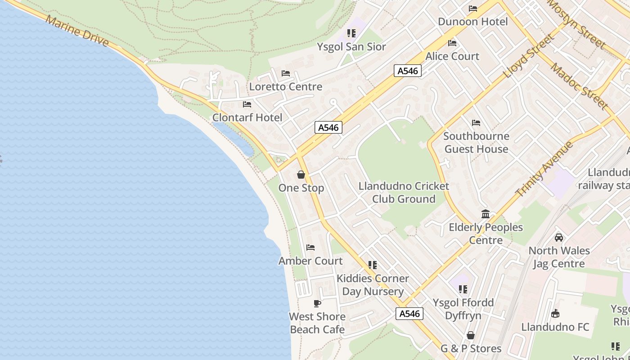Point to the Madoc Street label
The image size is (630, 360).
tap(580, 87)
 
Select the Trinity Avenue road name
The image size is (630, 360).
tap(544, 169)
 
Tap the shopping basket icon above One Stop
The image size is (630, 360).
tap(301, 175)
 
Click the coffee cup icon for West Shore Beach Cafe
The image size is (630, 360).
tap(317, 303)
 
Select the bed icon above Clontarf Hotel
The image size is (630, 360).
tap(247, 104)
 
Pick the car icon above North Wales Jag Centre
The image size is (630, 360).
tap(559, 237)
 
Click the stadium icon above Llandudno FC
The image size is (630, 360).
tap(555, 314)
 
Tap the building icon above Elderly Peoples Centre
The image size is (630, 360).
tap(486, 214)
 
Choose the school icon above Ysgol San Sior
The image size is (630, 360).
tap(351, 33)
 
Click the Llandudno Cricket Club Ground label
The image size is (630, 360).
tap(404, 193)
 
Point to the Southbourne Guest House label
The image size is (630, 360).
tap(476, 142)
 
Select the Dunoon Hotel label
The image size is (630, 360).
tap(472, 22)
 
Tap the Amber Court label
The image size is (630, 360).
tap(310, 261)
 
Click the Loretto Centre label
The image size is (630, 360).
tap(286, 86)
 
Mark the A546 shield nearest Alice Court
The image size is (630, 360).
tap(408, 71)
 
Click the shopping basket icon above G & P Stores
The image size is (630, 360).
tap(471, 335)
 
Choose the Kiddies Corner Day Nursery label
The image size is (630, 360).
tap(373, 285)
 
